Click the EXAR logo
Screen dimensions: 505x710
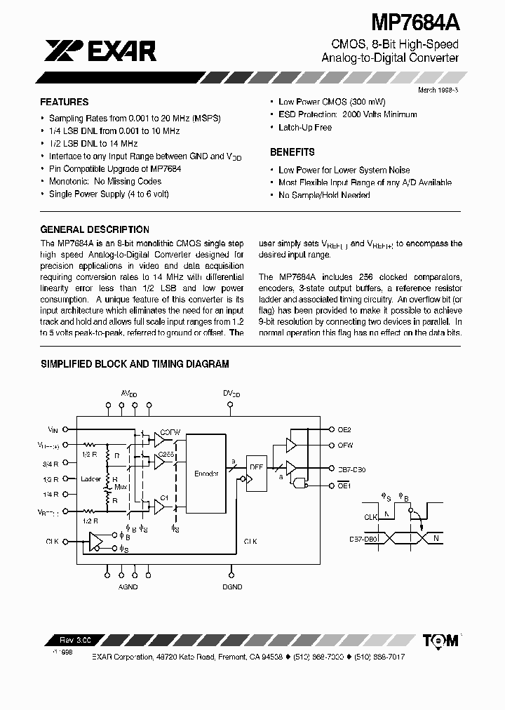coord(100,51)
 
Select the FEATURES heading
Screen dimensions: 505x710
coord(65,102)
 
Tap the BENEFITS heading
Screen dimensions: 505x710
coord(292,152)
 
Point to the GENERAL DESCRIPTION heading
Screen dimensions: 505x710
coord(95,229)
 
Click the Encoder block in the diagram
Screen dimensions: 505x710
coord(206,474)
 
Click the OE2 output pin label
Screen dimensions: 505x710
coord(344,429)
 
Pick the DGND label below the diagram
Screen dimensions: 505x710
coord(232,586)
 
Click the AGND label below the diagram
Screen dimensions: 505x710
coord(128,586)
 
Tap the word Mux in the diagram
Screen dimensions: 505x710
coord(121,485)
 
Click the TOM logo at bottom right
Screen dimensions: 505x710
coord(441,640)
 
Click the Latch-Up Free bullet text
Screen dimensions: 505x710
coord(305,128)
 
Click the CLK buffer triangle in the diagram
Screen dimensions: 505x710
coord(95,542)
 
